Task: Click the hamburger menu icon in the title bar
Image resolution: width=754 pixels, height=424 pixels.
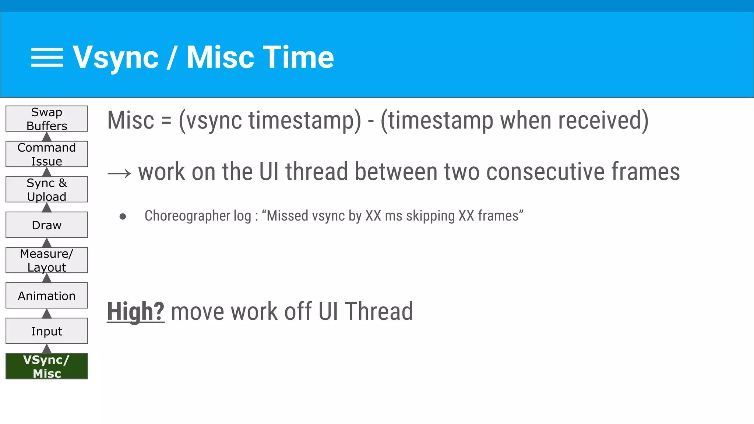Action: click(47, 57)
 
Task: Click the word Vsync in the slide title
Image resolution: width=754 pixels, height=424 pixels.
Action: click(116, 57)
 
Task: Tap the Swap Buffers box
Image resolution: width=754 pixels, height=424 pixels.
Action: click(47, 119)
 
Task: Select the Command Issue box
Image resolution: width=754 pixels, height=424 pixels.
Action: click(47, 154)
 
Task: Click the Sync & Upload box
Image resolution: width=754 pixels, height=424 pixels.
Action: click(47, 189)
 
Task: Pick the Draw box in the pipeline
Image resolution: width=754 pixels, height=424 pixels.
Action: click(47, 225)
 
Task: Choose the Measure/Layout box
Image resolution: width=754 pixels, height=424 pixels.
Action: click(47, 260)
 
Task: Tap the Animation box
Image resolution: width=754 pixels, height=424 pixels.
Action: click(47, 296)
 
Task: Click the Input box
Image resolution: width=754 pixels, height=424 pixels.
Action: click(47, 331)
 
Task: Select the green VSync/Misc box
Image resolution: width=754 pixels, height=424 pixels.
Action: click(47, 366)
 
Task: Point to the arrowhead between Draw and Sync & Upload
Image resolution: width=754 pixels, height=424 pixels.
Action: click(47, 208)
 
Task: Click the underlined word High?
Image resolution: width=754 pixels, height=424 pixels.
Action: click(135, 311)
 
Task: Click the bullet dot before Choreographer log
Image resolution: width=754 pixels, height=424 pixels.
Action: click(123, 217)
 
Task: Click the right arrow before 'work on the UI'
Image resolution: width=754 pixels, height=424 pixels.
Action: click(119, 173)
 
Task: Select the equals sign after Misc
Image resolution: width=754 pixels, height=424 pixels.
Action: click(166, 121)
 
